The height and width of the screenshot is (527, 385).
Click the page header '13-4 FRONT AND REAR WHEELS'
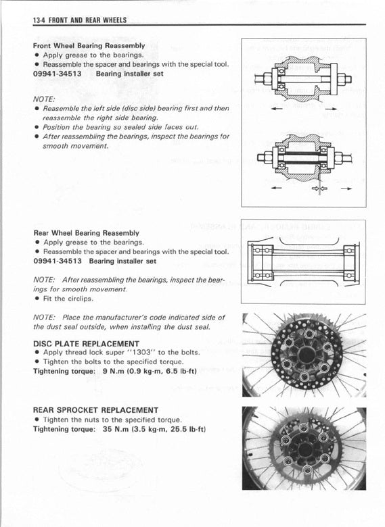pos(80,20)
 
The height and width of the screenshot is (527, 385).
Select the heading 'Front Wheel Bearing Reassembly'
pos(89,46)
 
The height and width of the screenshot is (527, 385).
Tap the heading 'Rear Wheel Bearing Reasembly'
pos(87,233)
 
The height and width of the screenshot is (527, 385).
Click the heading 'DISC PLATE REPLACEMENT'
pos(86,344)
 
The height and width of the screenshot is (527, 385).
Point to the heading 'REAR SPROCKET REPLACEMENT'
pos(95,410)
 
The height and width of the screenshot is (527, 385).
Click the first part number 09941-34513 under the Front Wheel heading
pos(58,74)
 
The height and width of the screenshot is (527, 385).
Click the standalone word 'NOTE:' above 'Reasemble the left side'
pos(44,99)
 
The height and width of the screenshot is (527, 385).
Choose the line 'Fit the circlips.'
pos(68,299)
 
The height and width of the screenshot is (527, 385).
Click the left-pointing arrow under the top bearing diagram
pos(277,109)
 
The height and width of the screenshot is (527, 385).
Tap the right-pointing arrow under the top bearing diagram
pos(331,109)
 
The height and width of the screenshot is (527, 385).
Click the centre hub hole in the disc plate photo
pos(306,354)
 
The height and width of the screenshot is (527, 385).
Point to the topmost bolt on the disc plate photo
pos(309,334)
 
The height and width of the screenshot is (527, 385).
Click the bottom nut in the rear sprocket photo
pos(307,469)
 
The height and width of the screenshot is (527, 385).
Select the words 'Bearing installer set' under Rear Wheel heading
pos(122,261)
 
